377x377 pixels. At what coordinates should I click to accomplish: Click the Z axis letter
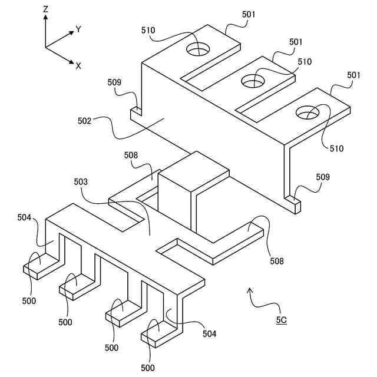pos(46,9)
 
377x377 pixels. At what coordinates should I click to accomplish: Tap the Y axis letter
pos(78,29)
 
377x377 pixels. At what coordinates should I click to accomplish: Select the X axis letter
pos(78,65)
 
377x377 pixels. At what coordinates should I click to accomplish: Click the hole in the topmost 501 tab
pos(199,50)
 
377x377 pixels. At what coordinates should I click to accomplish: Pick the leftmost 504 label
pos(24,219)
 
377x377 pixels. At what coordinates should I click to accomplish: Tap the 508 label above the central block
pos(131,155)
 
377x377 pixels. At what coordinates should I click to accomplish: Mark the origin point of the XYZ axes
pos(46,47)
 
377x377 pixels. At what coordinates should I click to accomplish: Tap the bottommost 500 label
pos(148,368)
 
